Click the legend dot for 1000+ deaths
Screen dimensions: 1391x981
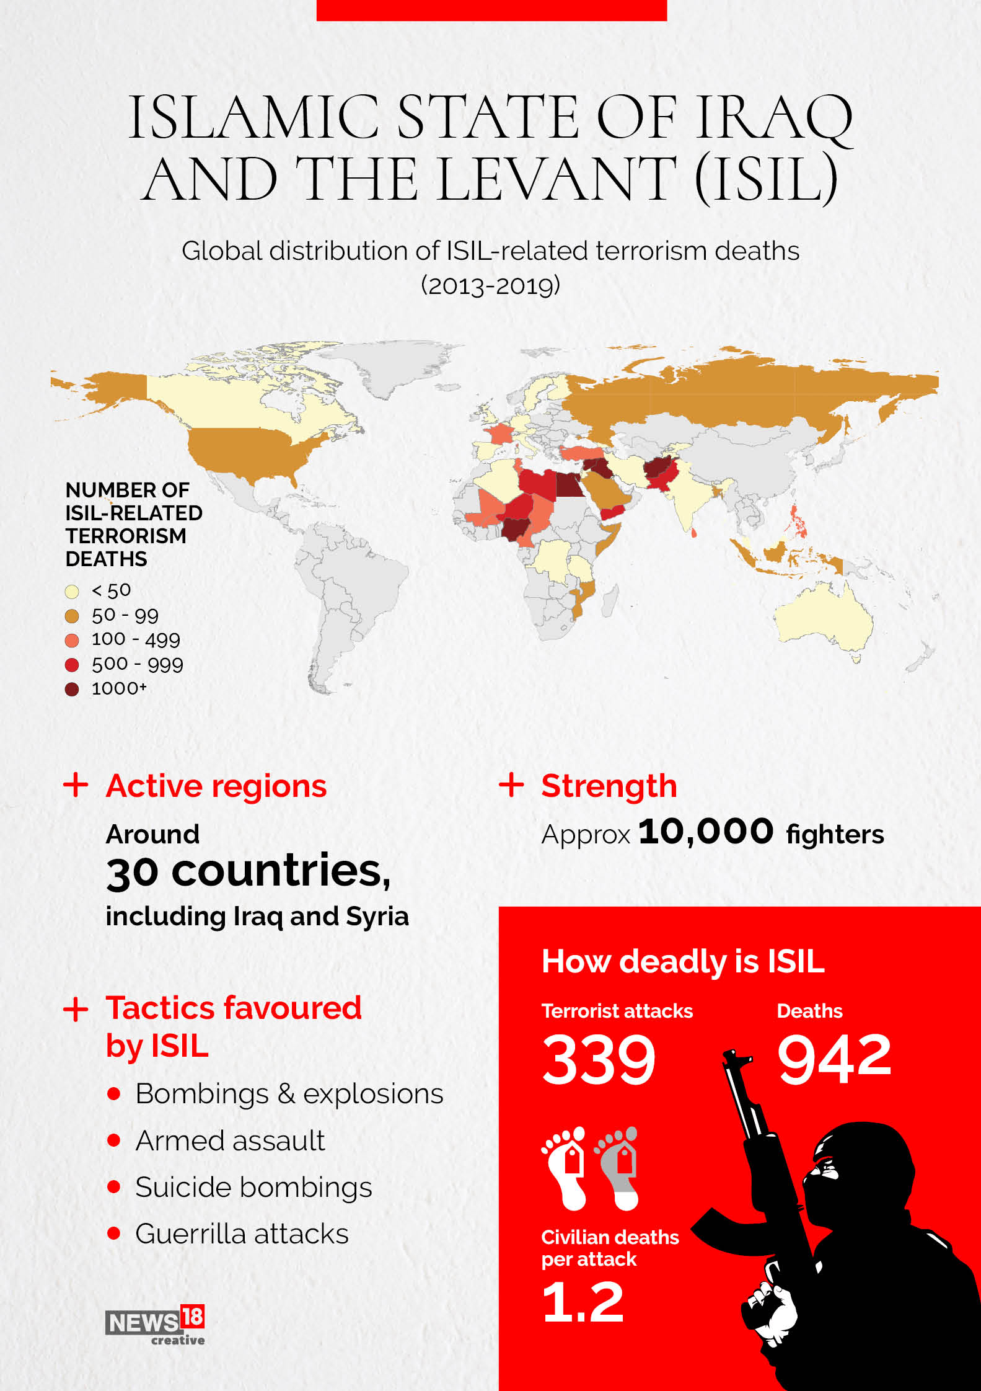[72, 689]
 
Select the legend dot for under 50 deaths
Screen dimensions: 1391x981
[72, 591]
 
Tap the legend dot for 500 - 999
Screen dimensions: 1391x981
[72, 665]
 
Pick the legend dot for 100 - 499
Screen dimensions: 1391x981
[72, 640]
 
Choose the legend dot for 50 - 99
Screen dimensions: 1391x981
[72, 616]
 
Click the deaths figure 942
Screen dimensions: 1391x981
[834, 1058]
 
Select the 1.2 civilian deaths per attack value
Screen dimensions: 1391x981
[583, 1302]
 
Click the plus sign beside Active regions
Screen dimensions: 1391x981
[76, 785]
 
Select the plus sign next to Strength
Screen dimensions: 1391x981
[511, 784]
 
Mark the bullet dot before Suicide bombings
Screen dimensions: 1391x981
[113, 1187]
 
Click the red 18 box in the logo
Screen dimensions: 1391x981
[193, 1315]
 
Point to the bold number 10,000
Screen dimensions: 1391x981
[706, 832]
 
